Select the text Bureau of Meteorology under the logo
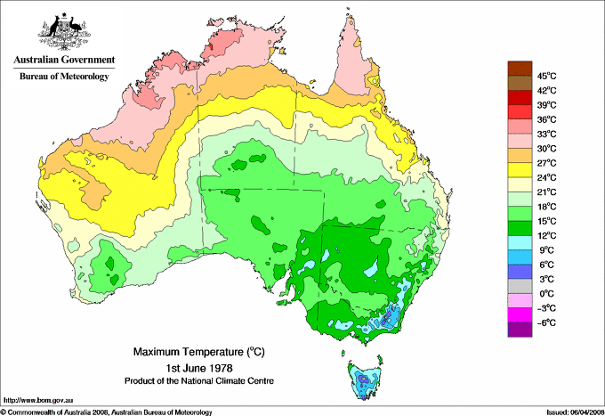(x=63, y=77)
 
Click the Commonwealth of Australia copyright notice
(x=107, y=412)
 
